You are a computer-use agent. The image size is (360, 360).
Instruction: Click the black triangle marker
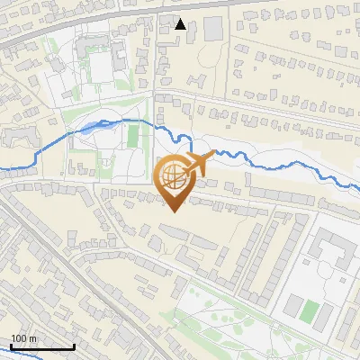pos(181,24)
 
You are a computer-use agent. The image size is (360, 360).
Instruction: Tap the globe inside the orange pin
pos(175,177)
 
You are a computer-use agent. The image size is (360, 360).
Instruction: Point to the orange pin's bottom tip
pos(175,211)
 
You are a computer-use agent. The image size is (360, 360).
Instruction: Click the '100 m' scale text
pos(24,338)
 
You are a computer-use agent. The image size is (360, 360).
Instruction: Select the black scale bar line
pos(42,347)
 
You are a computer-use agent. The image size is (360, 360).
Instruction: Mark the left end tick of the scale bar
pos(11,346)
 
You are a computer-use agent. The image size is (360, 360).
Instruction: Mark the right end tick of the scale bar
pos(74,346)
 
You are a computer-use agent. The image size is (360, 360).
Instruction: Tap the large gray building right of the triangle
pos(213,28)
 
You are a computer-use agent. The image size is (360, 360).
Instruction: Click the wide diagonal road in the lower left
pos(63,270)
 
